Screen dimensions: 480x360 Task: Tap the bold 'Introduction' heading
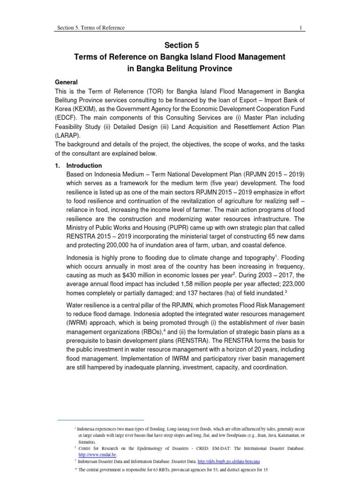84,165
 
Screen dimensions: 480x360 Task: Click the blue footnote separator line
100,420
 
